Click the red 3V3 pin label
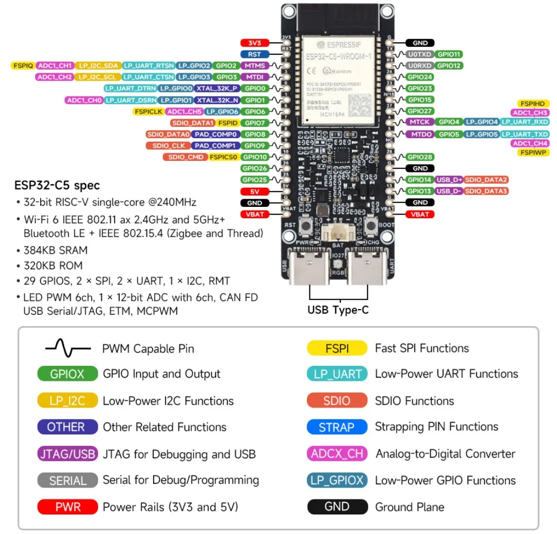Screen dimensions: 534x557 (255, 43)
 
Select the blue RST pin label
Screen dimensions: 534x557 (255, 54)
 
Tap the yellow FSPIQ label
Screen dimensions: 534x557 (23, 66)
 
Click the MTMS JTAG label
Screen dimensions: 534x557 (255, 66)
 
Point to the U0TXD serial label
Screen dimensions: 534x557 (419, 54)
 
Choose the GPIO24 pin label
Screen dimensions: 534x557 (420, 77)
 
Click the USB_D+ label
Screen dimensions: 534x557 (449, 180)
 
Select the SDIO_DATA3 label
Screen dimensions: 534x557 (486, 191)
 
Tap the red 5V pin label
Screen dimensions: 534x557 (255, 191)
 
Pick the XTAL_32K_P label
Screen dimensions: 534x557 (217, 88)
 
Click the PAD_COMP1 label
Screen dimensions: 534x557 (215, 145)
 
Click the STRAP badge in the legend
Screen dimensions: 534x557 (337, 427)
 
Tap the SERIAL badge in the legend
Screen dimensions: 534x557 (68, 480)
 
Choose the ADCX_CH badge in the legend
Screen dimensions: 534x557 (337, 454)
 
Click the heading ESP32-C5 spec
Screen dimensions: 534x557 (57, 185)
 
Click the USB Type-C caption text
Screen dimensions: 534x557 (338, 310)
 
